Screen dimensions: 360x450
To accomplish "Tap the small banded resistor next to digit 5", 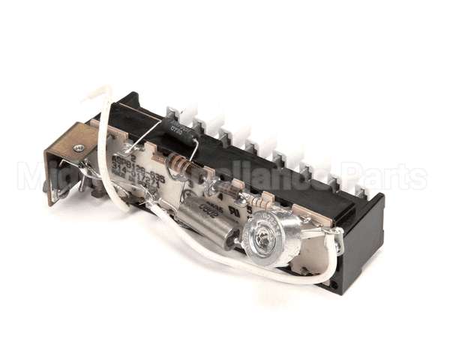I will pos(259,202).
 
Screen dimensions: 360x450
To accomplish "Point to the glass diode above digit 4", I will pos(225,189).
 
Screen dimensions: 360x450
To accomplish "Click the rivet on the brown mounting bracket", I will pos(79,148).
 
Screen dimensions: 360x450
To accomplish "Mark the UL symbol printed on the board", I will pos(239,212).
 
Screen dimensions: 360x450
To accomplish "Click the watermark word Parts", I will pos(390,178).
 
